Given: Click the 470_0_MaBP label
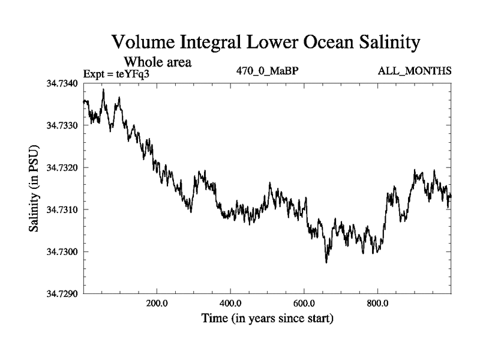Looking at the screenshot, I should click(x=268, y=71).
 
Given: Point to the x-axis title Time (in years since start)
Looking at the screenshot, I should click(x=267, y=318).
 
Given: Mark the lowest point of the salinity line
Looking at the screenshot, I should click(x=326, y=262).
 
